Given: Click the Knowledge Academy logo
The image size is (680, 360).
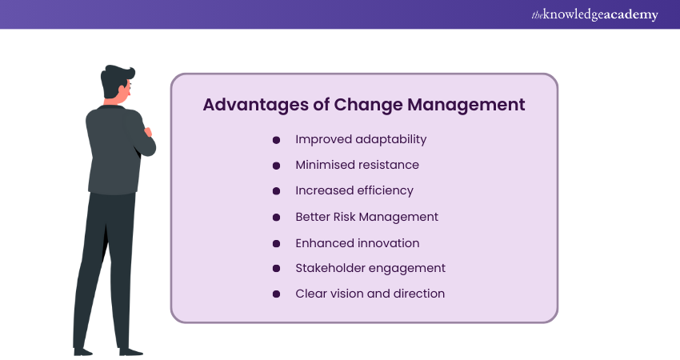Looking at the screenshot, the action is point(594,14).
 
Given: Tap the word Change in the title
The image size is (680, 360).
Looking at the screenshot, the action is point(368,106).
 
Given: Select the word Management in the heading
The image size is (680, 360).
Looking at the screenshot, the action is point(466,106).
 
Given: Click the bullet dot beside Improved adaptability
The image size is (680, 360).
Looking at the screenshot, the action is point(276,140).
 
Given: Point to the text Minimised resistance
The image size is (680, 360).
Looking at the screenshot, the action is point(358,165).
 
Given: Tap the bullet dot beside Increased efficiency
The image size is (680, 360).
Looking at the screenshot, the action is point(276,191).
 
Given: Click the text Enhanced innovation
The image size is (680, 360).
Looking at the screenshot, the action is point(358,243).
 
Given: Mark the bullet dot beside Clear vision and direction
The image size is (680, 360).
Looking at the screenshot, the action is point(276,294).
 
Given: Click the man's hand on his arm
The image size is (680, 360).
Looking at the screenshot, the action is point(148,132).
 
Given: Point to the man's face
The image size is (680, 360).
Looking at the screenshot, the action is point(126,91).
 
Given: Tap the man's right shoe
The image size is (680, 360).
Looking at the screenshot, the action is point(130,351).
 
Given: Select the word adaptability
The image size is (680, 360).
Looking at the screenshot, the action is point(390,140).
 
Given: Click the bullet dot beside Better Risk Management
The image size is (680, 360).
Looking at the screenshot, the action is point(276,217).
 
